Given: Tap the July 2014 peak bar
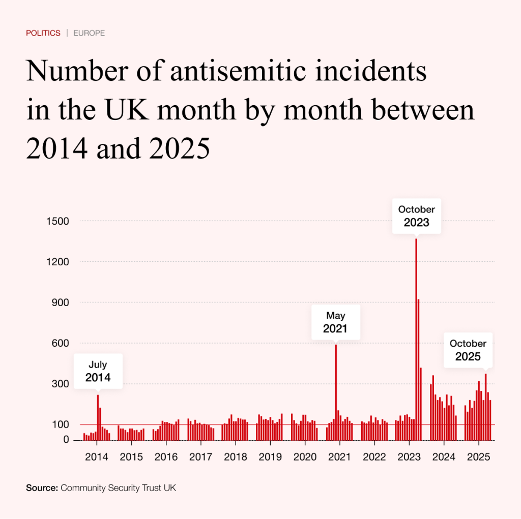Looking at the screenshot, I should [x=98, y=417].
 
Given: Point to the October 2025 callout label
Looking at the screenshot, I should [x=468, y=350].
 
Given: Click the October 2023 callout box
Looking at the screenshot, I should [x=417, y=216].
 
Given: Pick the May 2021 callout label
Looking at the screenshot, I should [x=336, y=322].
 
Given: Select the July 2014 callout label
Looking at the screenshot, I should [x=98, y=371].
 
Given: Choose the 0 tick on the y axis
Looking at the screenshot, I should [x=66, y=440].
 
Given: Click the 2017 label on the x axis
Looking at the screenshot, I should [x=200, y=456].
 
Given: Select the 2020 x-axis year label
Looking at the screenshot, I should [x=305, y=456].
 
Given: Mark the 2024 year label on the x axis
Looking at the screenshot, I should [x=444, y=456].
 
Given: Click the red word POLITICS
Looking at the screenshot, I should [x=43, y=33].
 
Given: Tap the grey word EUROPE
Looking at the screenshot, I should [x=89, y=33].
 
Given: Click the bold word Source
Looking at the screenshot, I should [x=42, y=488].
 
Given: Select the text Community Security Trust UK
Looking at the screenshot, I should [x=119, y=488].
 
